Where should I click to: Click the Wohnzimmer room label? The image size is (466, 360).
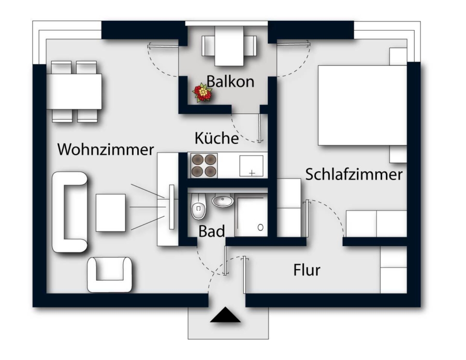(106, 149)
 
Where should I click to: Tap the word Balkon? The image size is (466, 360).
(230, 81)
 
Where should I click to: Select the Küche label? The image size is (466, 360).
(216, 139)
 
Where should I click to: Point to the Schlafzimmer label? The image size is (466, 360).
(354, 174)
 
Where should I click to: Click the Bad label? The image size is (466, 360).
(212, 231)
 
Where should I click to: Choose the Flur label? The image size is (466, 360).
(307, 270)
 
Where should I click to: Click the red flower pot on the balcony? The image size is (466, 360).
(203, 93)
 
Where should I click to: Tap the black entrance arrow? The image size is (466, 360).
(225, 315)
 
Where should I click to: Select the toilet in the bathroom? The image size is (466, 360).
(199, 207)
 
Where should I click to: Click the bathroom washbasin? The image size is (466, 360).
(223, 201)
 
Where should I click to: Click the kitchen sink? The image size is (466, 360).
(251, 166)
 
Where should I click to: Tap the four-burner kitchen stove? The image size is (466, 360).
(203, 166)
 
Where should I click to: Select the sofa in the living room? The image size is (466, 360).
(70, 212)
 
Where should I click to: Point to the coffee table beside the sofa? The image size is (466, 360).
(110, 212)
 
